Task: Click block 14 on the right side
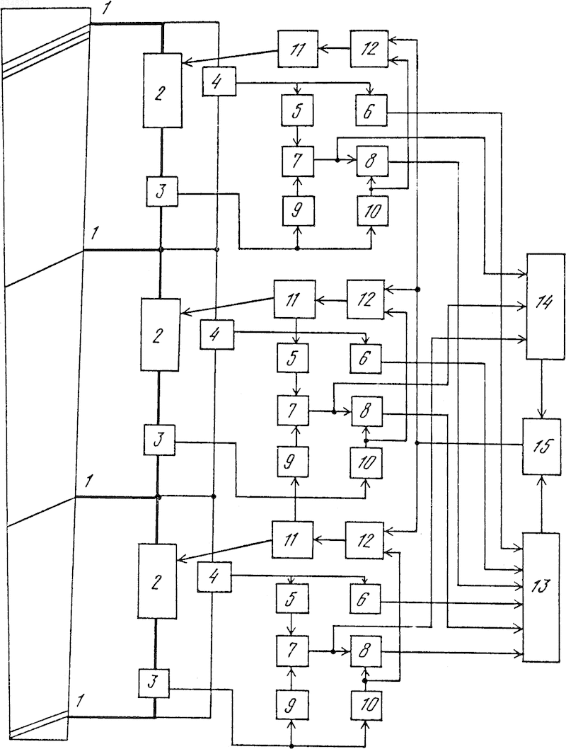tap(545, 307)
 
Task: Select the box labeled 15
tap(542, 446)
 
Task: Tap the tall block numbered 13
tap(541, 597)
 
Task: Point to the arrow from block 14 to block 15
tap(542, 389)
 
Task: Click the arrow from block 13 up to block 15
tap(542, 503)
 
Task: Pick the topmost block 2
tap(162, 91)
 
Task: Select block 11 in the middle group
tap(294, 299)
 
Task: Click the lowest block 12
tap(364, 540)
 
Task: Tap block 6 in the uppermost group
tap(371, 110)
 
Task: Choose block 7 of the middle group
tap(293, 411)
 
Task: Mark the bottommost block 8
tap(366, 651)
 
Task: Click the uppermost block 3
tap(162, 192)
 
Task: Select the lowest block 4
tap(214, 577)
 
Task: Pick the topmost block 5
tap(297, 110)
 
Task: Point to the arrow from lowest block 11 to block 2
tap(224, 551)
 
